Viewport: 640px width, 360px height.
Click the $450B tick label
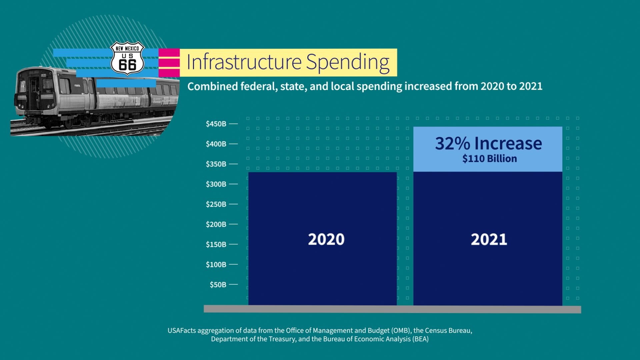[216, 124]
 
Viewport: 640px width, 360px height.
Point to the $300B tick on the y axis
[216, 184]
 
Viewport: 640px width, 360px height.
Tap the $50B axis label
[218, 285]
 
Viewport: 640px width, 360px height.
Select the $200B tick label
[216, 224]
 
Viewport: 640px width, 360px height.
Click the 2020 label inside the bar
[326, 239]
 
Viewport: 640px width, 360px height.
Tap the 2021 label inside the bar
[489, 239]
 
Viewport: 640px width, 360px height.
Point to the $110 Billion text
[489, 159]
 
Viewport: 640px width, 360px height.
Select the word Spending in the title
[348, 62]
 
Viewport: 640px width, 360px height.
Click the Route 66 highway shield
[127, 59]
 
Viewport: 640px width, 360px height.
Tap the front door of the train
[34, 93]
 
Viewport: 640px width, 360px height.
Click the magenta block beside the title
[169, 63]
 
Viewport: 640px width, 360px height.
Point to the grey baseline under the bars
[392, 309]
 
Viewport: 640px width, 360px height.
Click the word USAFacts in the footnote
[182, 331]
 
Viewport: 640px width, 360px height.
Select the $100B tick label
[216, 265]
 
